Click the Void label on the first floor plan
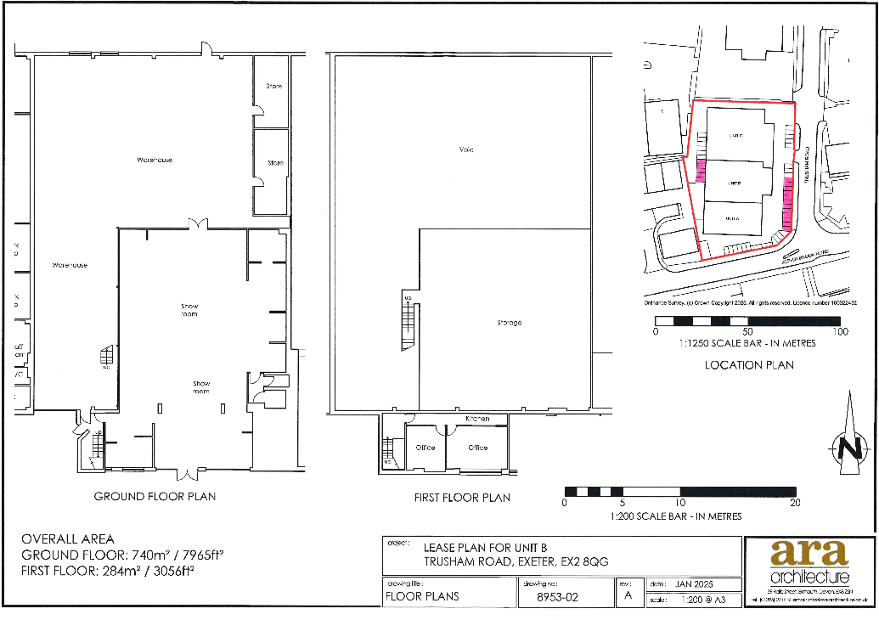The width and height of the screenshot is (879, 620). [466, 150]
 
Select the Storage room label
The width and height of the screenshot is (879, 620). [510, 323]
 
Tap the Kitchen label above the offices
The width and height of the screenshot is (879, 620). [478, 420]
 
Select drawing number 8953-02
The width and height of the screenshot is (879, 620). [559, 597]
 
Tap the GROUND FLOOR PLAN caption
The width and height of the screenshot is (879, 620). [155, 496]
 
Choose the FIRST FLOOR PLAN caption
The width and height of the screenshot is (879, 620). [462, 497]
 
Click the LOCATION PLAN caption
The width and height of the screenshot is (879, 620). [749, 365]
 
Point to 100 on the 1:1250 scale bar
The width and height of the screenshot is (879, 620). [839, 332]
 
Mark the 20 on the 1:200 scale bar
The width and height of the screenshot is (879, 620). [795, 503]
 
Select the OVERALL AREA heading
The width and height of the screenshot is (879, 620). [67, 539]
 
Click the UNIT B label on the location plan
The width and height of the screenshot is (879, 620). [735, 183]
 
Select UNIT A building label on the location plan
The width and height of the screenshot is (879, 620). [733, 219]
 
